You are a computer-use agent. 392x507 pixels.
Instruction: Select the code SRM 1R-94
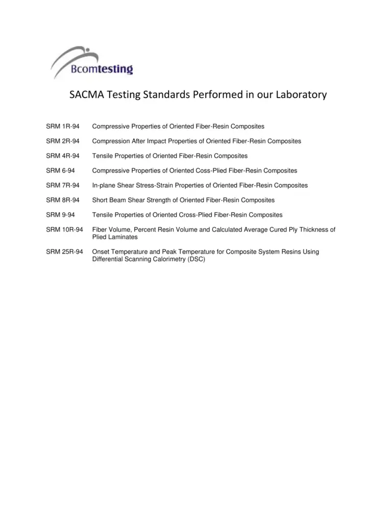62,126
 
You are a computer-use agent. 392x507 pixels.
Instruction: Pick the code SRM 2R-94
62,141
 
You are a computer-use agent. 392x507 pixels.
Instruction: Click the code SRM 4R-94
62,156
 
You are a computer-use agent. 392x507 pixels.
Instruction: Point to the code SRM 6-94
60,170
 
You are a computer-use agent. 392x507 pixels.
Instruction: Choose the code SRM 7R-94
62,185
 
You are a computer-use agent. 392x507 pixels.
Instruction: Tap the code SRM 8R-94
62,200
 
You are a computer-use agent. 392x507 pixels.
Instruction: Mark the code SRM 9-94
60,215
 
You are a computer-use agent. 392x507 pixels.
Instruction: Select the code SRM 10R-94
64,230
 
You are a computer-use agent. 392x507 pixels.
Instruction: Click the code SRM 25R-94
64,251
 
